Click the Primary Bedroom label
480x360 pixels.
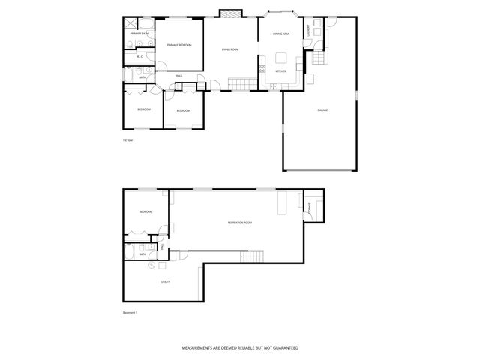(179, 46)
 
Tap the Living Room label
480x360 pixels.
(229, 49)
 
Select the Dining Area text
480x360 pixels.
(280, 34)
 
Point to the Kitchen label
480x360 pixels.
(280, 71)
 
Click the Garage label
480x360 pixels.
(322, 110)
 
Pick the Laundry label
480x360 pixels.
(307, 31)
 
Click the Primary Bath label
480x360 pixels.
(138, 34)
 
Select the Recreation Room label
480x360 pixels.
(239, 223)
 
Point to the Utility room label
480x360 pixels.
(165, 281)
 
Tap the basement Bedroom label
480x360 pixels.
(145, 212)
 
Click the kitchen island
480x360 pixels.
(282, 58)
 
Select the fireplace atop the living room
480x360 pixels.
(229, 13)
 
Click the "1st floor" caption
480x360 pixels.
(127, 139)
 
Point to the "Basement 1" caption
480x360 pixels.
(130, 312)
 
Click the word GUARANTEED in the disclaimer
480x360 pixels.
(282, 348)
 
